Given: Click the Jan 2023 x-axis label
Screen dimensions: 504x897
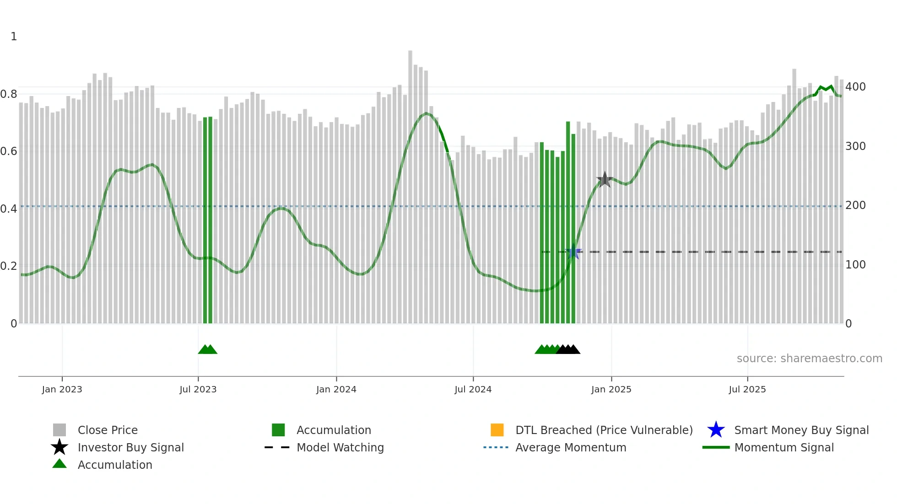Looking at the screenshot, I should click(x=62, y=389).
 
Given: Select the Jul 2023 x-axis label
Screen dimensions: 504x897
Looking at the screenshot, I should click(x=198, y=389).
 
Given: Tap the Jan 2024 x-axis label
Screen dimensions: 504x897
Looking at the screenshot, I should click(x=336, y=389).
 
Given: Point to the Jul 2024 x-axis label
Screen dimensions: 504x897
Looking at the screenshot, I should click(x=473, y=389).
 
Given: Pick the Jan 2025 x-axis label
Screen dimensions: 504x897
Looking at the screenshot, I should click(x=611, y=389).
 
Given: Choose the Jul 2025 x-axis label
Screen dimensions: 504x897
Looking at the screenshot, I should click(x=747, y=389).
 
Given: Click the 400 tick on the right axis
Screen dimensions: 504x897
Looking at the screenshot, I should click(x=855, y=87).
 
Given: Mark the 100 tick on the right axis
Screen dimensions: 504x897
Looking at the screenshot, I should click(x=855, y=265).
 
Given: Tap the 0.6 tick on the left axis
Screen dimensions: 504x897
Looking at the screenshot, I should click(x=9, y=151).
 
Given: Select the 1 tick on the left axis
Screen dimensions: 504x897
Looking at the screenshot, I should click(x=14, y=37).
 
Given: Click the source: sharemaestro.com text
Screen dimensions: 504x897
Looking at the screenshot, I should click(x=809, y=359).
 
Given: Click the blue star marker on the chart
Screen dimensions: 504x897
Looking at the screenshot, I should click(x=573, y=252).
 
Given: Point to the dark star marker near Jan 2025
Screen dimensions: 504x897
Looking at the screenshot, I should click(x=605, y=180).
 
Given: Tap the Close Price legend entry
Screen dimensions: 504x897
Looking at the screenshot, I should click(x=108, y=430).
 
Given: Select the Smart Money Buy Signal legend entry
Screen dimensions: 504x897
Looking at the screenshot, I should click(x=801, y=430).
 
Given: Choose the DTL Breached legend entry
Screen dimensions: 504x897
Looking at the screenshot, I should click(x=604, y=430).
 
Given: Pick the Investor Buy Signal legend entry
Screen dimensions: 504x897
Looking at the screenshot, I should click(x=130, y=447).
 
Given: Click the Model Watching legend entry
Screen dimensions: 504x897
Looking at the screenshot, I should click(x=340, y=447).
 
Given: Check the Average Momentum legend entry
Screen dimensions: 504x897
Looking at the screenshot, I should click(x=571, y=447).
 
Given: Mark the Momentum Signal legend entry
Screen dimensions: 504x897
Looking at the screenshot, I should click(x=784, y=447).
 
